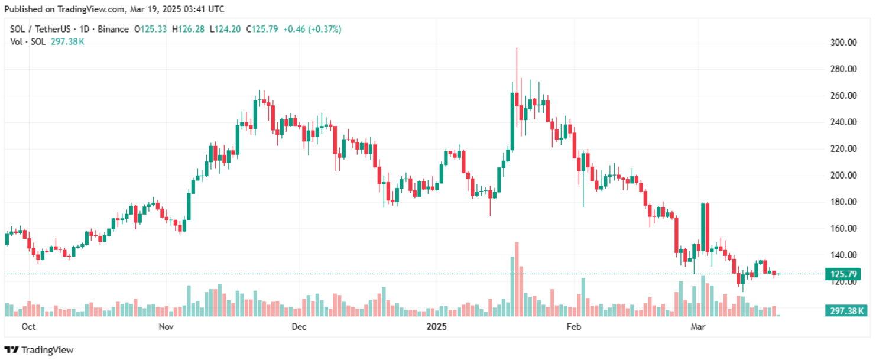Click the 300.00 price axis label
(x=843, y=43)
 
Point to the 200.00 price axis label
(x=843, y=176)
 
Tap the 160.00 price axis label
(x=843, y=229)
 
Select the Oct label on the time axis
(x=28, y=327)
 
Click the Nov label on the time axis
(x=166, y=327)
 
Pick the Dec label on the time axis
(x=299, y=327)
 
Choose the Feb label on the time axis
(x=573, y=327)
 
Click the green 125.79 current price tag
(x=843, y=274)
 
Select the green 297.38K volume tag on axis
(x=846, y=311)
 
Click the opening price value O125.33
(x=151, y=29)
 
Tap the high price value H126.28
(x=188, y=29)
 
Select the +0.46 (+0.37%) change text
(x=312, y=29)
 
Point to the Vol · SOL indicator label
(x=27, y=41)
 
